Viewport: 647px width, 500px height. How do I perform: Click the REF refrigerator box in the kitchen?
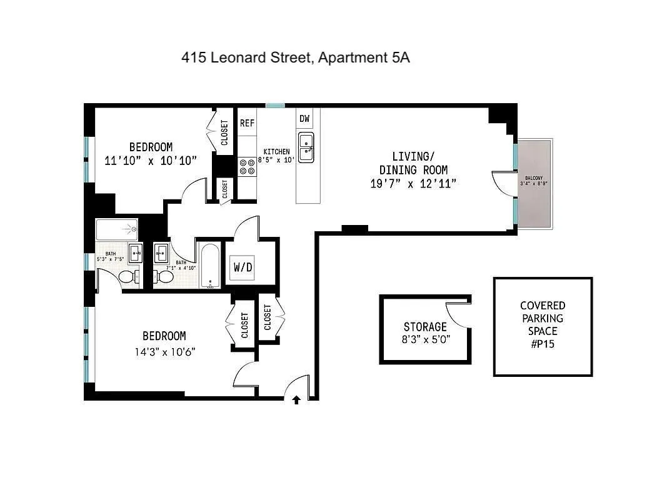[247, 123]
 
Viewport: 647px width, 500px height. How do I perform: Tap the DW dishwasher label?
[304, 119]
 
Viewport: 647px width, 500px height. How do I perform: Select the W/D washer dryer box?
[243, 267]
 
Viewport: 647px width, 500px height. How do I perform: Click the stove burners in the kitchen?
[244, 166]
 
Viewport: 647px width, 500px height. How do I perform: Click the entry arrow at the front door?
[296, 400]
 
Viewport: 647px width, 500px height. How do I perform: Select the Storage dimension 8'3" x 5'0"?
[426, 339]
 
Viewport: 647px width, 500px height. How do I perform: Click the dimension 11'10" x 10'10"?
[151, 160]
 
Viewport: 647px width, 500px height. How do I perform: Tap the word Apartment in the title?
[352, 58]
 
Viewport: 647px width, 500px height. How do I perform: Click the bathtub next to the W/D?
[210, 265]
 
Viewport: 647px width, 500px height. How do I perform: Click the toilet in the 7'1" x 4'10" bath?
[166, 274]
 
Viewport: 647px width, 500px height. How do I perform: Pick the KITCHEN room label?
[276, 152]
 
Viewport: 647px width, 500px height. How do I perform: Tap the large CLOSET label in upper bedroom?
[225, 132]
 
